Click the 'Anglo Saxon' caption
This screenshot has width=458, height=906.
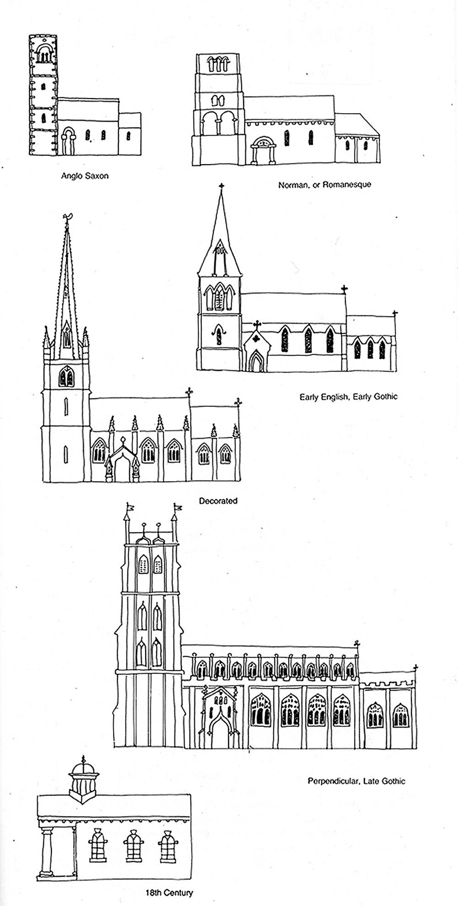tap(85, 176)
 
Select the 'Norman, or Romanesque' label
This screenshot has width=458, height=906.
tap(324, 185)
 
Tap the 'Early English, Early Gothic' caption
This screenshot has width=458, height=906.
tap(348, 396)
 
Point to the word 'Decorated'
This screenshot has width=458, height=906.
tap(218, 501)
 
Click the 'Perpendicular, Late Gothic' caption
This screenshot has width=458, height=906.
tap(356, 781)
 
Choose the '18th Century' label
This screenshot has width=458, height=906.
tap(169, 892)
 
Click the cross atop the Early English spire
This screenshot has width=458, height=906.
tap(221, 186)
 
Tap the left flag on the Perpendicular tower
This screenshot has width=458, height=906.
tap(131, 507)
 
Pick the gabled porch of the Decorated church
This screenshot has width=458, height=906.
tap(121, 461)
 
